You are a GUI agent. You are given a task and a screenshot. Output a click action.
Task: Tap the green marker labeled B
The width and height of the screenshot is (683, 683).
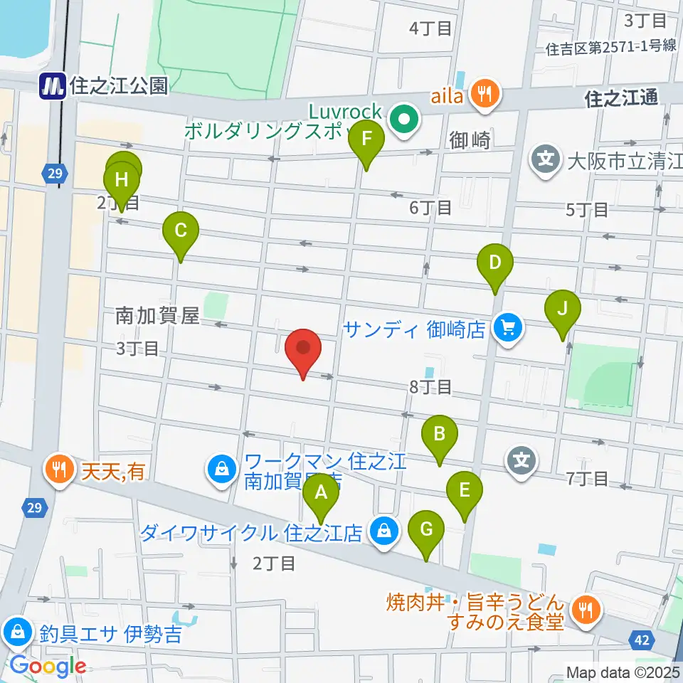(440, 435)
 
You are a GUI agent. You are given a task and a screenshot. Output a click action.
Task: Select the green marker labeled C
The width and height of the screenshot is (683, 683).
(181, 233)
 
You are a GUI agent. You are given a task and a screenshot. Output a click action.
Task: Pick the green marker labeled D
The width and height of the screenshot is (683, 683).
(495, 264)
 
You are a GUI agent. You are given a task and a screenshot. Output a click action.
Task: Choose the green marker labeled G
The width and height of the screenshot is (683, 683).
(426, 531)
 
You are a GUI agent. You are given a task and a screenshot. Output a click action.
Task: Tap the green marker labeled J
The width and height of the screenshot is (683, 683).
(562, 310)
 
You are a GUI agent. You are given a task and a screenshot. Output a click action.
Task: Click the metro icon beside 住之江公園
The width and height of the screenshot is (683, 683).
(53, 86)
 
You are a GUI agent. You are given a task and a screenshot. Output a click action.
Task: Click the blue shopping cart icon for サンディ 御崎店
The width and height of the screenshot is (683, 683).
(508, 328)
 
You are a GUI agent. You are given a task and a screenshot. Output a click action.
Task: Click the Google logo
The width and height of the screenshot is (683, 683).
(48, 667)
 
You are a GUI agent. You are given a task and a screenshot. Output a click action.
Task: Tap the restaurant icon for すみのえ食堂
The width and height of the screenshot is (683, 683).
(587, 610)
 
